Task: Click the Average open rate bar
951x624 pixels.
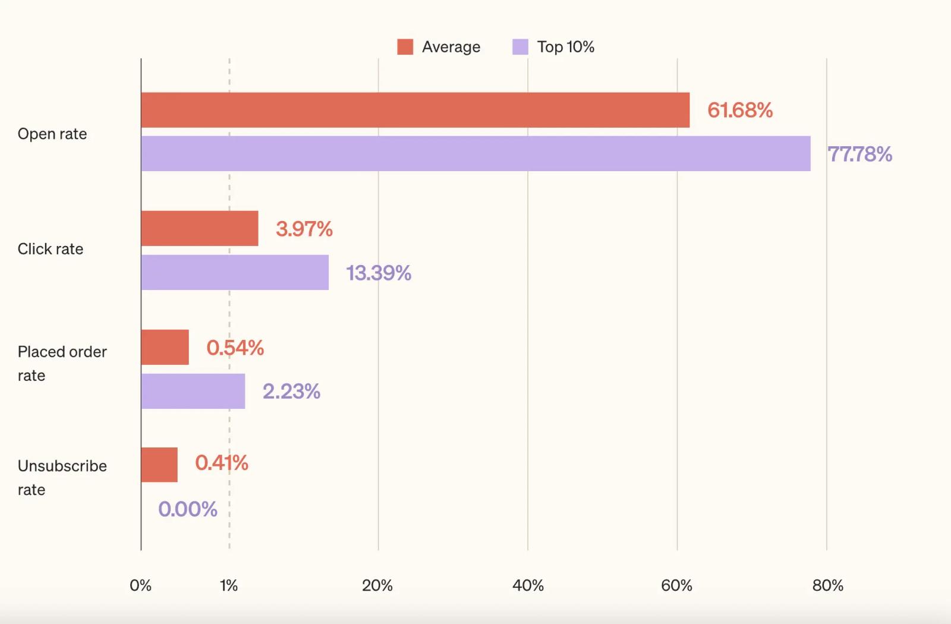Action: (x=415, y=110)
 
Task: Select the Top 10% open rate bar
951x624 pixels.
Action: (x=476, y=154)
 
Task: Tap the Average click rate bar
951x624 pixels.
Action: (x=200, y=228)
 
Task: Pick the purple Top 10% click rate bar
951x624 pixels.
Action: (x=235, y=273)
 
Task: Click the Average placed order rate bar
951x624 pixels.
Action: (x=165, y=347)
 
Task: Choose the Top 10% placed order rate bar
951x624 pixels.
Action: (x=193, y=392)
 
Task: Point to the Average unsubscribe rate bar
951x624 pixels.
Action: (x=159, y=465)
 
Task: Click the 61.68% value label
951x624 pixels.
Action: (x=740, y=111)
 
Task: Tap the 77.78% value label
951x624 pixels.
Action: (x=859, y=154)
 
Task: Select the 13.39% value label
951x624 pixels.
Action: (x=379, y=273)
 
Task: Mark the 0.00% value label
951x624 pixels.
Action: (x=188, y=509)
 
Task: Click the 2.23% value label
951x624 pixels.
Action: (x=291, y=392)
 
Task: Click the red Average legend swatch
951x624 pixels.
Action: (x=405, y=47)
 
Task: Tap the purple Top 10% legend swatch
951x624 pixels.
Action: (x=521, y=47)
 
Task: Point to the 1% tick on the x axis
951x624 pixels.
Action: (x=229, y=586)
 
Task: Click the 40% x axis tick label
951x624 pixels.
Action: (x=528, y=586)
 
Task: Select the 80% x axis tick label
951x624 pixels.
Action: (x=827, y=586)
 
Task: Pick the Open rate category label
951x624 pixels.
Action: (x=52, y=134)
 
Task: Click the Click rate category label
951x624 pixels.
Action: (x=50, y=249)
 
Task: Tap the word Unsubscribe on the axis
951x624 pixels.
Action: (x=62, y=466)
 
